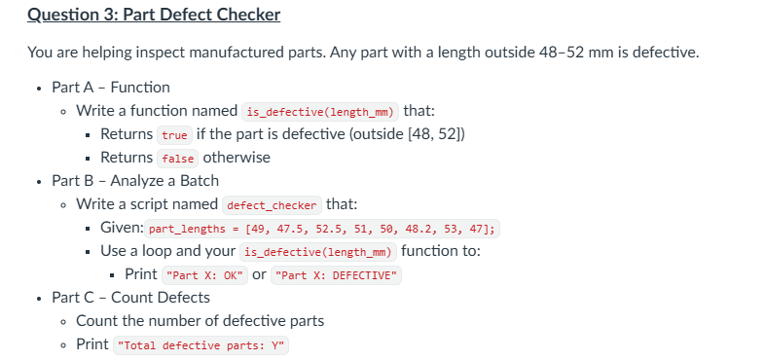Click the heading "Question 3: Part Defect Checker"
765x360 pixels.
[154, 16]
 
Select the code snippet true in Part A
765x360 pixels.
[175, 134]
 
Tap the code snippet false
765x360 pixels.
[178, 158]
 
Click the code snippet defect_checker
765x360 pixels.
[272, 205]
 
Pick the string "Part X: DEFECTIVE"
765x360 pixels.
[337, 275]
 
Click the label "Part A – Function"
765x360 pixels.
[111, 88]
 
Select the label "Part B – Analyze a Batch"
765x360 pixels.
[135, 181]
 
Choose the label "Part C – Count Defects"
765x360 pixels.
[130, 298]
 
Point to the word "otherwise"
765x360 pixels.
[237, 158]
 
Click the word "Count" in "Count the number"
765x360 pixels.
[96, 321]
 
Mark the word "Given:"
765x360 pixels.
[123, 228]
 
